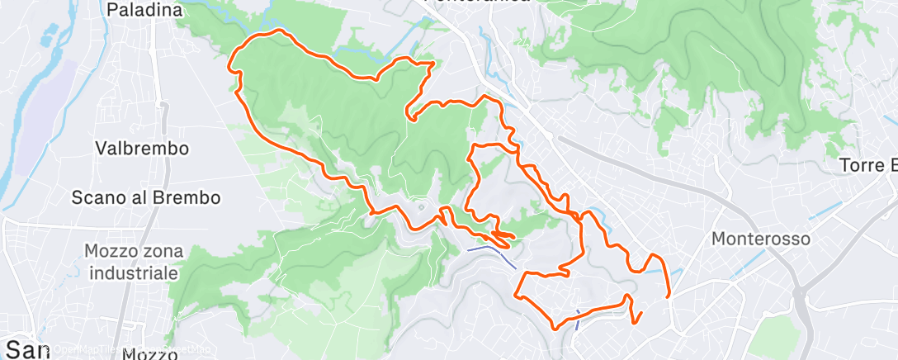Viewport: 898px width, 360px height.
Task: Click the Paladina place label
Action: [x=144, y=11]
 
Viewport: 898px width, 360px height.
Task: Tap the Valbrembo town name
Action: [x=142, y=149]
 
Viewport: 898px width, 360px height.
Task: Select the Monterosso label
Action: [x=761, y=239]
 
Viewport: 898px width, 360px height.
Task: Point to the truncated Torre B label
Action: [x=867, y=165]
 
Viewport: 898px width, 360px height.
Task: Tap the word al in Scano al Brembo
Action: [x=144, y=198]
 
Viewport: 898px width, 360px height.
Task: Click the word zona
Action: [x=161, y=250]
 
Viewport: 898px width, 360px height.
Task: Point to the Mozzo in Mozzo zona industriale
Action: [x=113, y=250]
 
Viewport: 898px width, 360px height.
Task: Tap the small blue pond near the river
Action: [x=49, y=37]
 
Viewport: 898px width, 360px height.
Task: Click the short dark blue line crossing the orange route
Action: [x=577, y=319]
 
